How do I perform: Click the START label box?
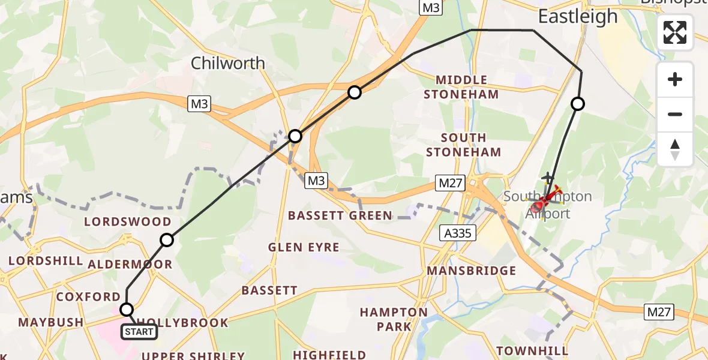[x=139, y=331]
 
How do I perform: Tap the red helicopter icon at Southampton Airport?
[x=542, y=203]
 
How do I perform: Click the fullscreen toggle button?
[x=675, y=32]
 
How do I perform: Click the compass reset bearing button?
[x=675, y=149]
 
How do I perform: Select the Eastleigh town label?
[x=577, y=17]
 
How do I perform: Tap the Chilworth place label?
[x=227, y=63]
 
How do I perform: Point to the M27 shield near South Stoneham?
[x=451, y=183]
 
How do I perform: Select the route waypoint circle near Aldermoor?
[x=167, y=240]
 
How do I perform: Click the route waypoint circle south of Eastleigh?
[x=577, y=104]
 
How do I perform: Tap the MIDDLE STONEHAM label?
[x=461, y=87]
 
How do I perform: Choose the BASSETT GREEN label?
[x=340, y=215]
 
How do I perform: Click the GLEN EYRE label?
[x=304, y=247]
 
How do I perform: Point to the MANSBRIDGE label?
[x=471, y=271]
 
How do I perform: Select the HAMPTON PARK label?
[x=394, y=319]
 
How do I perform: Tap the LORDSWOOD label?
[x=127, y=222]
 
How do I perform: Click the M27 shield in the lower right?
[x=659, y=311]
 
